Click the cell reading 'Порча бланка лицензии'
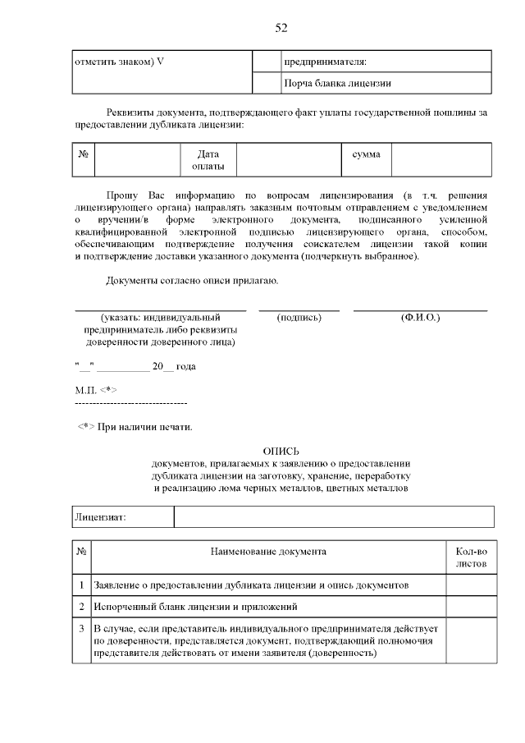coord(337,83)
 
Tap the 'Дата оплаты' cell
coord(208,160)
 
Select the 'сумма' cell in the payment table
coord(366,154)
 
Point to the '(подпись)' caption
coord(299,317)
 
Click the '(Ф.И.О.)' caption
coord(420,317)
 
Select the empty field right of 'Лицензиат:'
coord(334,517)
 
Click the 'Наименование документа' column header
coord(268,551)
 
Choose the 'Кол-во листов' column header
coord(470,557)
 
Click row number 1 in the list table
coord(82,585)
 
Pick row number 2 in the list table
coord(82,607)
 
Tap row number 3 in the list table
coord(82,629)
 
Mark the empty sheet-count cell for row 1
coord(470,585)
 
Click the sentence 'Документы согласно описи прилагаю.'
coord(192,282)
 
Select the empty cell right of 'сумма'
coord(441,160)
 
